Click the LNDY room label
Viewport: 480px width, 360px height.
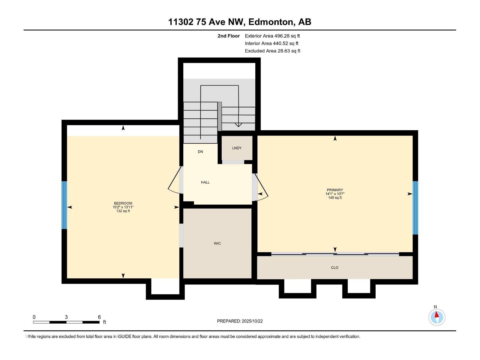[x=237, y=148]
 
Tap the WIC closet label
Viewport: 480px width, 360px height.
[x=217, y=243]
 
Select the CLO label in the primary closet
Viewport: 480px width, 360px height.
[x=334, y=268]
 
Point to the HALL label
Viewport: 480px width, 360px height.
[x=205, y=182]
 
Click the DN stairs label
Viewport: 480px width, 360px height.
[x=200, y=151]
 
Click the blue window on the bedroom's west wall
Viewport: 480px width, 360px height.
[x=64, y=205]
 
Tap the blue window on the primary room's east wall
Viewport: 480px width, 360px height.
[x=415, y=208]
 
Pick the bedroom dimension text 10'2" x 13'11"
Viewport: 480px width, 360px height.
[x=123, y=207]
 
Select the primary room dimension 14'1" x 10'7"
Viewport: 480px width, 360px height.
[x=335, y=194]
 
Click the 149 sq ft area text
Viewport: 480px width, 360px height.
[x=335, y=198]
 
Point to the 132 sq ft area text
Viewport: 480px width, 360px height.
[x=123, y=211]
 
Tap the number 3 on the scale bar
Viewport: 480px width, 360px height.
[x=66, y=317]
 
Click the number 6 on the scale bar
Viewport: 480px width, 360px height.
[x=99, y=317]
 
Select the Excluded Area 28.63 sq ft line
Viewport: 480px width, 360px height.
[x=272, y=51]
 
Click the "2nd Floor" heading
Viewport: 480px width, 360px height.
[x=229, y=36]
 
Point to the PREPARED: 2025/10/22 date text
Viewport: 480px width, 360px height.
[x=240, y=321]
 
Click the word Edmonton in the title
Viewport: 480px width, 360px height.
[x=271, y=22]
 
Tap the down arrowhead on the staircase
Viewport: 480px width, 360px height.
[x=238, y=125]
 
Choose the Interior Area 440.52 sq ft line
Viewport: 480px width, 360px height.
[x=271, y=43]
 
